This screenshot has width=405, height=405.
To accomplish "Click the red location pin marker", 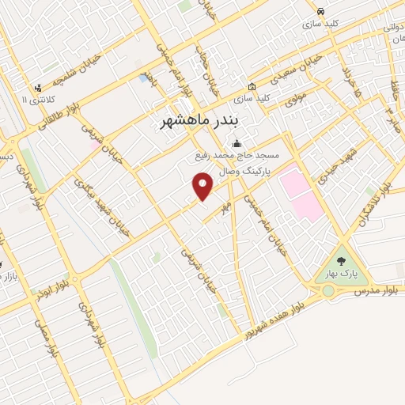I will pyautogui.click(x=203, y=187).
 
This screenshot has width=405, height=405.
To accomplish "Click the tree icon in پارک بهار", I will pyautogui.click(x=342, y=260).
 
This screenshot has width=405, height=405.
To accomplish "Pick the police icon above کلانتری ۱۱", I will pyautogui.click(x=37, y=88).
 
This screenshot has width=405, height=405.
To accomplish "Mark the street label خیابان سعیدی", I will pyautogui.click(x=299, y=70).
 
